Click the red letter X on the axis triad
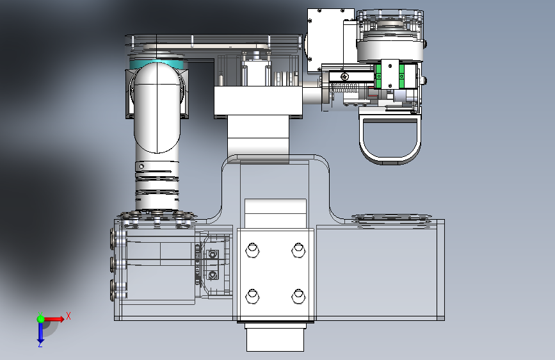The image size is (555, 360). (x=68, y=316)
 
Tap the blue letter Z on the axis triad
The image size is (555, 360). (x=40, y=344)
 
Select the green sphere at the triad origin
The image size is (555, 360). (x=41, y=319)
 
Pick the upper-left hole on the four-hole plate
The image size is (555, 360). (x=252, y=250)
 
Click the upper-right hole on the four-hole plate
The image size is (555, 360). (x=298, y=250)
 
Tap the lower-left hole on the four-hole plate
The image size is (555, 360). (x=252, y=296)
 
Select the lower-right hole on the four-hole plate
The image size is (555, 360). (x=298, y=296)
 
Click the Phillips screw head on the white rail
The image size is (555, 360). (x=344, y=76)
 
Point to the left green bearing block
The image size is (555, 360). (x=378, y=76)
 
